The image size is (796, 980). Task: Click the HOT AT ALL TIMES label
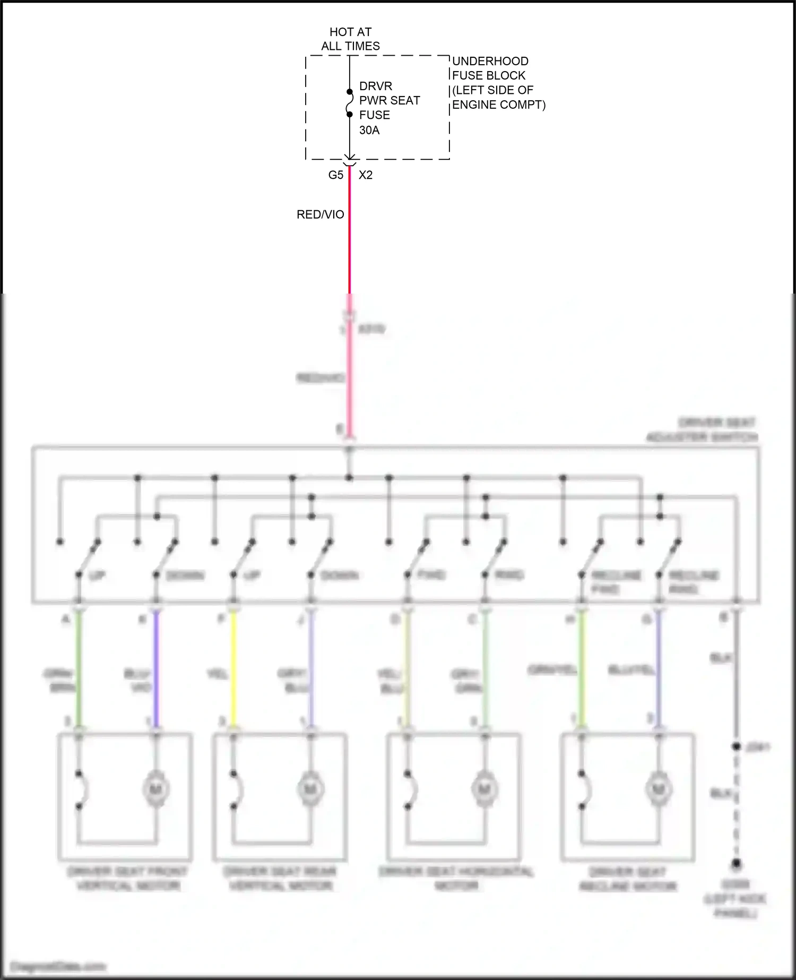pos(350,39)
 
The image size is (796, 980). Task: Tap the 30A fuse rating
pos(369,130)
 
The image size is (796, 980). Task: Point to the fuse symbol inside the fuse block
pos(350,103)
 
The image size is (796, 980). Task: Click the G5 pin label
pos(335,175)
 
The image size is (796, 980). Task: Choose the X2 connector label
pos(366,175)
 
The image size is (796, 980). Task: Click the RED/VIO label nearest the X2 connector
pos(320,214)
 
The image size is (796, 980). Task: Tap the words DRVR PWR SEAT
pos(390,93)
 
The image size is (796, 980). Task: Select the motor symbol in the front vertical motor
pos(156,790)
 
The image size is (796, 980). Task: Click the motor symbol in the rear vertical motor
pos(311,790)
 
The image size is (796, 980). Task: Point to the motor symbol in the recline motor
pos(659,790)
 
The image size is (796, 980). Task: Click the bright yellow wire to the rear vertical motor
pos(233,669)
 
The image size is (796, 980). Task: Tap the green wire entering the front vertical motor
pos(79,669)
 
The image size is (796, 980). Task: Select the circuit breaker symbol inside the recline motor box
pos(585,790)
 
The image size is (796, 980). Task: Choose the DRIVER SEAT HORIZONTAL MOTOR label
pos(456,879)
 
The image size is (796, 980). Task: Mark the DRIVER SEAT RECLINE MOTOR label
pos(628,879)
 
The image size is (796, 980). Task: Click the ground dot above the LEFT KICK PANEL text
pos(736,864)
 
